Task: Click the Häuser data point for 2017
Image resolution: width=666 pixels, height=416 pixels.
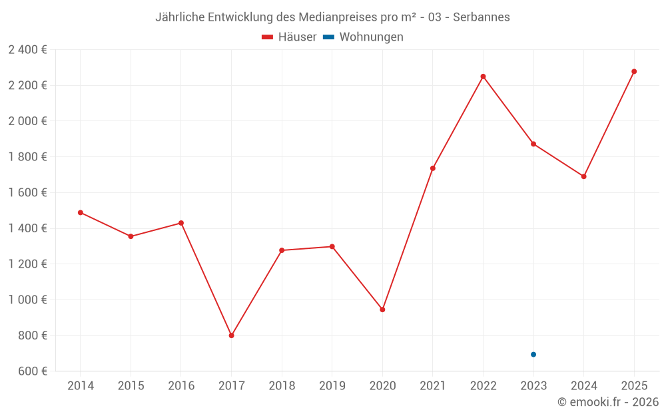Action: pos(231,335)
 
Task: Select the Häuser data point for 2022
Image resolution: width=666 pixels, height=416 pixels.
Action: pos(483,77)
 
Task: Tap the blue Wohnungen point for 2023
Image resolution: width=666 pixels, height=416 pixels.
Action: pos(533,354)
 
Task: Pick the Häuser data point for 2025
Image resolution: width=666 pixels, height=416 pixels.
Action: pos(634,71)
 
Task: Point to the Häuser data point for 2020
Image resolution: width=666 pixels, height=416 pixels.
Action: pos(382,310)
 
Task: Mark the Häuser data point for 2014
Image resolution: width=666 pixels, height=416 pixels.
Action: pos(81,212)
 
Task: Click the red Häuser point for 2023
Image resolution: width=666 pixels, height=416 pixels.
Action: pos(533,144)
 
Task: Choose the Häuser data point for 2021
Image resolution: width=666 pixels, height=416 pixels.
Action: pos(433,168)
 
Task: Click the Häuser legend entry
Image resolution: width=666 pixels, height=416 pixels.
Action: pos(289,37)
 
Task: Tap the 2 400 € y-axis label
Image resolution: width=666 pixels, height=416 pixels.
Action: pos(27,50)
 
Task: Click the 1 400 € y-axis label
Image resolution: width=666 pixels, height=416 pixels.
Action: pos(27,228)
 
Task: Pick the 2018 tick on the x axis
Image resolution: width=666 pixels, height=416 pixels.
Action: pos(282,386)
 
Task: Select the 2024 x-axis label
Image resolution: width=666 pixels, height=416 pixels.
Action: pos(583,386)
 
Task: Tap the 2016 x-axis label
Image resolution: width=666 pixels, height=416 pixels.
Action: pos(181,386)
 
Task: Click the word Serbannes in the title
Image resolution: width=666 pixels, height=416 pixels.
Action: pos(482,17)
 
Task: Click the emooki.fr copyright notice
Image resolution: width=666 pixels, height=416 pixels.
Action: pos(608,402)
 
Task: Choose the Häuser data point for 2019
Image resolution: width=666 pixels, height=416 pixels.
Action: pos(332,246)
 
